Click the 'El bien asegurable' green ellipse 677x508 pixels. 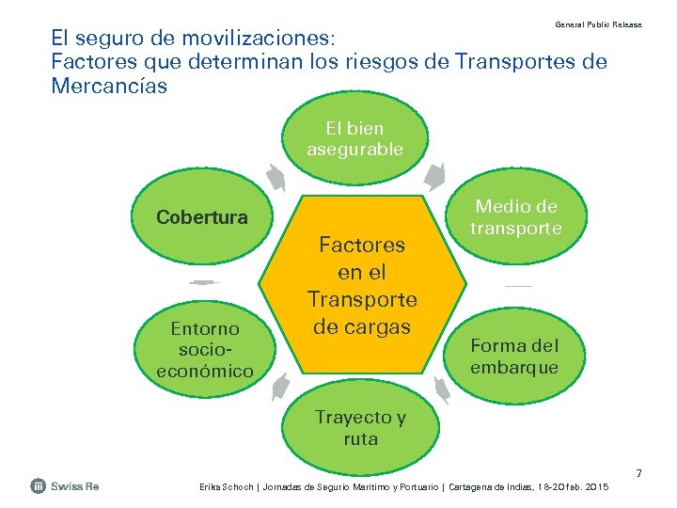[355, 138]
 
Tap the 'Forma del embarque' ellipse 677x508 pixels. [513, 357]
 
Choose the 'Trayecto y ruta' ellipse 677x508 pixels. [360, 429]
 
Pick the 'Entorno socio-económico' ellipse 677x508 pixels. [204, 349]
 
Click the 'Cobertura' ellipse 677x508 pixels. [202, 217]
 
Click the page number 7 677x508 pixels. [638, 472]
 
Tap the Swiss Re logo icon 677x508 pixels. [39, 486]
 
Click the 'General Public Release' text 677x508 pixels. [598, 24]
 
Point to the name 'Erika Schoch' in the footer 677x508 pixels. [226, 486]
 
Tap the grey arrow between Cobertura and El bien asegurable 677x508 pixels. [276, 177]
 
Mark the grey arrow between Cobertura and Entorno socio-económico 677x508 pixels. [202, 282]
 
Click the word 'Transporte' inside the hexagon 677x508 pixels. [362, 299]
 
